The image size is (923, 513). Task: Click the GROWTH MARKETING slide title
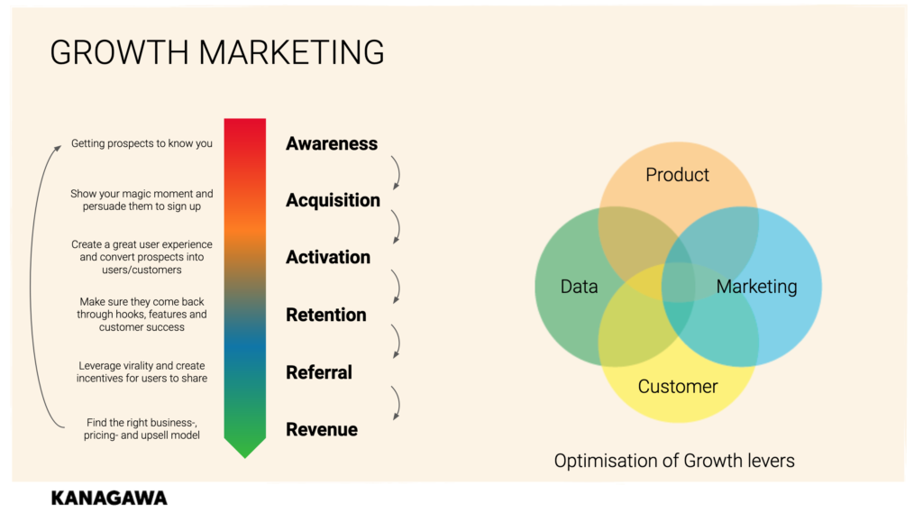pyautogui.click(x=217, y=52)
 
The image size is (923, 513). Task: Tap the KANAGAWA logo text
pyautogui.click(x=109, y=499)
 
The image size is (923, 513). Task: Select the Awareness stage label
pyautogui.click(x=332, y=143)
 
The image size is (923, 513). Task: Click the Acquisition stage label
pyautogui.click(x=333, y=201)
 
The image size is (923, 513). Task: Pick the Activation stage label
pyautogui.click(x=328, y=257)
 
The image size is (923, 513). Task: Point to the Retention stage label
pyautogui.click(x=326, y=316)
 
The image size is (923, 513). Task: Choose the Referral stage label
pyautogui.click(x=319, y=372)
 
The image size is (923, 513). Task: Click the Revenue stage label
pyautogui.click(x=322, y=430)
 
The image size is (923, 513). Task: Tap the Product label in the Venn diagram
pyautogui.click(x=677, y=175)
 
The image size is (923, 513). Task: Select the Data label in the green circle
pyautogui.click(x=579, y=287)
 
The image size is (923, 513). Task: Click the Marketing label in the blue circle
pyautogui.click(x=756, y=287)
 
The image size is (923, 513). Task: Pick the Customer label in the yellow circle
pyautogui.click(x=678, y=387)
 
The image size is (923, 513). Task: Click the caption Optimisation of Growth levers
pyautogui.click(x=674, y=461)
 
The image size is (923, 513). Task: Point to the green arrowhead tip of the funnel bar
pyautogui.click(x=245, y=458)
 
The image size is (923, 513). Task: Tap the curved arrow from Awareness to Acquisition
pyautogui.click(x=398, y=172)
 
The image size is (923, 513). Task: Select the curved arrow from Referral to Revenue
pyautogui.click(x=398, y=402)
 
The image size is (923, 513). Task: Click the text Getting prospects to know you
pyautogui.click(x=142, y=143)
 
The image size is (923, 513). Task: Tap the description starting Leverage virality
pyautogui.click(x=142, y=372)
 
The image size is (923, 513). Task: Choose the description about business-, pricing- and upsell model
pyautogui.click(x=142, y=429)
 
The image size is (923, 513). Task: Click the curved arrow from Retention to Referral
pyautogui.click(x=398, y=341)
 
